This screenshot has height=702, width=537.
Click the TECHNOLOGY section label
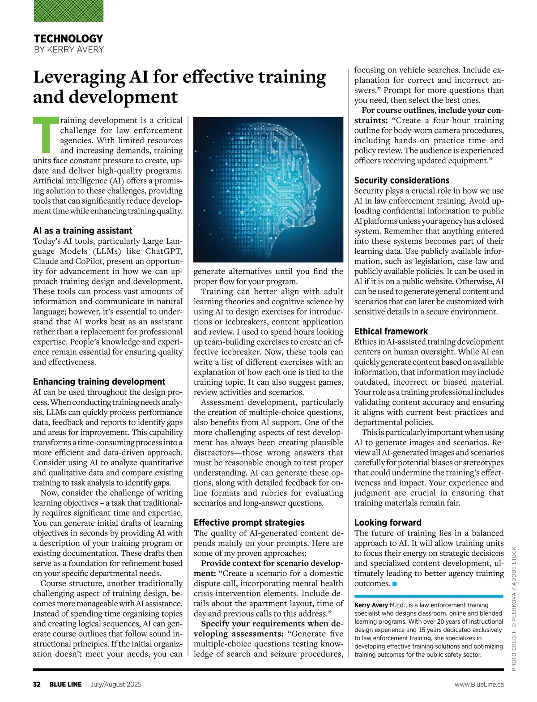click(68, 38)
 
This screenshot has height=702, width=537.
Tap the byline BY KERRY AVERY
click(68, 49)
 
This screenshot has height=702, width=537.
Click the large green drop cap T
click(45, 134)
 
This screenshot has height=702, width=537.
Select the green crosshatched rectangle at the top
click(68, 11)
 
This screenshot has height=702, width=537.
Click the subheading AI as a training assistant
click(82, 231)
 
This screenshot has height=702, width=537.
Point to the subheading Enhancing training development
click(99, 382)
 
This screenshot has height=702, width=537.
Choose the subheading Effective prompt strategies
click(249, 523)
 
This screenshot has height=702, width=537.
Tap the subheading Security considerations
click(401, 180)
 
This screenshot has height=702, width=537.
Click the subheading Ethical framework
click(391, 332)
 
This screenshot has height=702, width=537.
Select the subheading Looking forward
click(388, 523)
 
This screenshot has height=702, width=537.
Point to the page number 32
click(37, 685)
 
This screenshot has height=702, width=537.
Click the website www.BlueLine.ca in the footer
click(479, 685)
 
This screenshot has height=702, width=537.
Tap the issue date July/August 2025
click(116, 685)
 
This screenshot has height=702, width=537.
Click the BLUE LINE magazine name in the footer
click(65, 685)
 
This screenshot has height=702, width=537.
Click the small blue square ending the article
click(394, 584)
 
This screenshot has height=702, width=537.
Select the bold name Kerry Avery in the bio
click(371, 605)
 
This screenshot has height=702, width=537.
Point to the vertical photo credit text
click(514, 608)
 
